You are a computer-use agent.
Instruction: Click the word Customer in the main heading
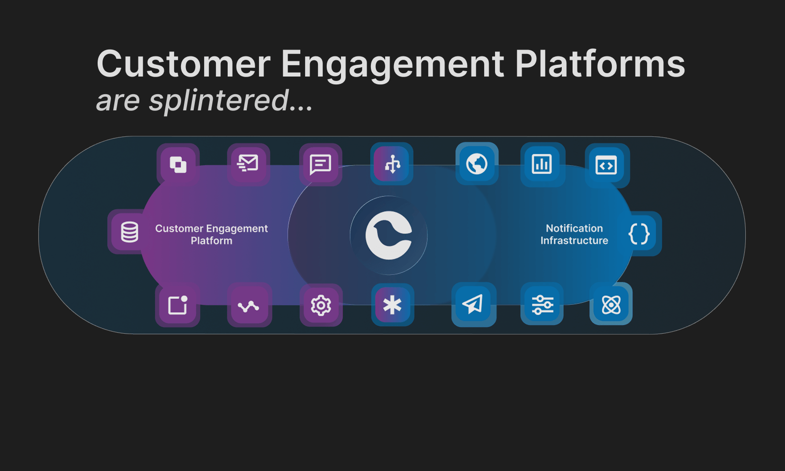(183, 64)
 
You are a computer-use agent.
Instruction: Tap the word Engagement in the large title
(392, 65)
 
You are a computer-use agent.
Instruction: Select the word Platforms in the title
(600, 64)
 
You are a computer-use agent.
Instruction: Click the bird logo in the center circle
(389, 235)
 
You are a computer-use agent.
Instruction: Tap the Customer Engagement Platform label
(211, 235)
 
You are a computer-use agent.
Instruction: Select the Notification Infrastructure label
(574, 235)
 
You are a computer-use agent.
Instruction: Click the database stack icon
(130, 232)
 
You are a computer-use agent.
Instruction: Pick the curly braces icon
(639, 234)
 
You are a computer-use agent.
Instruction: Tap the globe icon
(477, 164)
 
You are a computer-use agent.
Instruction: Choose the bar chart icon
(542, 164)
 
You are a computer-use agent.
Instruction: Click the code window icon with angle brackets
(606, 165)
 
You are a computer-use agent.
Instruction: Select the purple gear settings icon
(321, 305)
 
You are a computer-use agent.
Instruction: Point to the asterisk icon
(392, 305)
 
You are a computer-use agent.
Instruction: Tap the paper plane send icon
(473, 304)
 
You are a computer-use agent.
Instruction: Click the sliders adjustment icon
(542, 305)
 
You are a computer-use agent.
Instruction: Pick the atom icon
(611, 305)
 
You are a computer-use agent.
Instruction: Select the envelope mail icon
(248, 163)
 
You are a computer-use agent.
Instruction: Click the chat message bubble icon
(320, 164)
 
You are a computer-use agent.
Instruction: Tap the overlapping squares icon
(178, 164)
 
